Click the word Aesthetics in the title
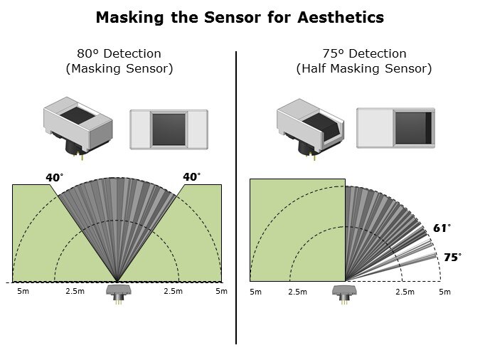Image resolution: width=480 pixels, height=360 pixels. [341, 17]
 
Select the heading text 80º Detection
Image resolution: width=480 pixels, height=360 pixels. [119, 53]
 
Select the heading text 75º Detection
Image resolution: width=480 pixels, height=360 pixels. [364, 53]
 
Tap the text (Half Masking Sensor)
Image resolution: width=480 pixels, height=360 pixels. [364, 68]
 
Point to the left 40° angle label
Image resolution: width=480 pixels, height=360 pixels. [55, 177]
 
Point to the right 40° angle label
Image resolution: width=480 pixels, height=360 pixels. [191, 176]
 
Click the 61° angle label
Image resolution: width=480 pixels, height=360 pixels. [442, 228]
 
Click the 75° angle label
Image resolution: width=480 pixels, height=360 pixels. [452, 258]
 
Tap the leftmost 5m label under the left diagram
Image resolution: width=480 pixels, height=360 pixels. [23, 291]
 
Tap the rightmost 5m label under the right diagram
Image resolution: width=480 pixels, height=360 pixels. [444, 292]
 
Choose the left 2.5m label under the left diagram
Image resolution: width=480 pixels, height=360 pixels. [75, 291]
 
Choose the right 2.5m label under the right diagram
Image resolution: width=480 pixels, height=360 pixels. [405, 292]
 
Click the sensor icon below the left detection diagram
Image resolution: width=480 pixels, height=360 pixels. [118, 295]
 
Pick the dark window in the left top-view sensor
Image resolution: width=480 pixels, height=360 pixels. [169, 129]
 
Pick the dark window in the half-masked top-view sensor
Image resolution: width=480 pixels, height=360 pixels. [414, 128]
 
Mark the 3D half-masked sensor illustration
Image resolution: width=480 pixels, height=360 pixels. [310, 128]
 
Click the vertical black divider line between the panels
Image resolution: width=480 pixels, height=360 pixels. [236, 198]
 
